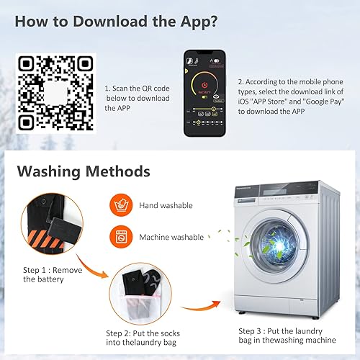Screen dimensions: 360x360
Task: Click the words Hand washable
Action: (166, 205)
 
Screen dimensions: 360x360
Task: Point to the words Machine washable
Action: (171, 237)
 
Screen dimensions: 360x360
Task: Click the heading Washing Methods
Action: (83, 172)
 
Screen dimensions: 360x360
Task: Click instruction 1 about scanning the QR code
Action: (137, 97)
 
